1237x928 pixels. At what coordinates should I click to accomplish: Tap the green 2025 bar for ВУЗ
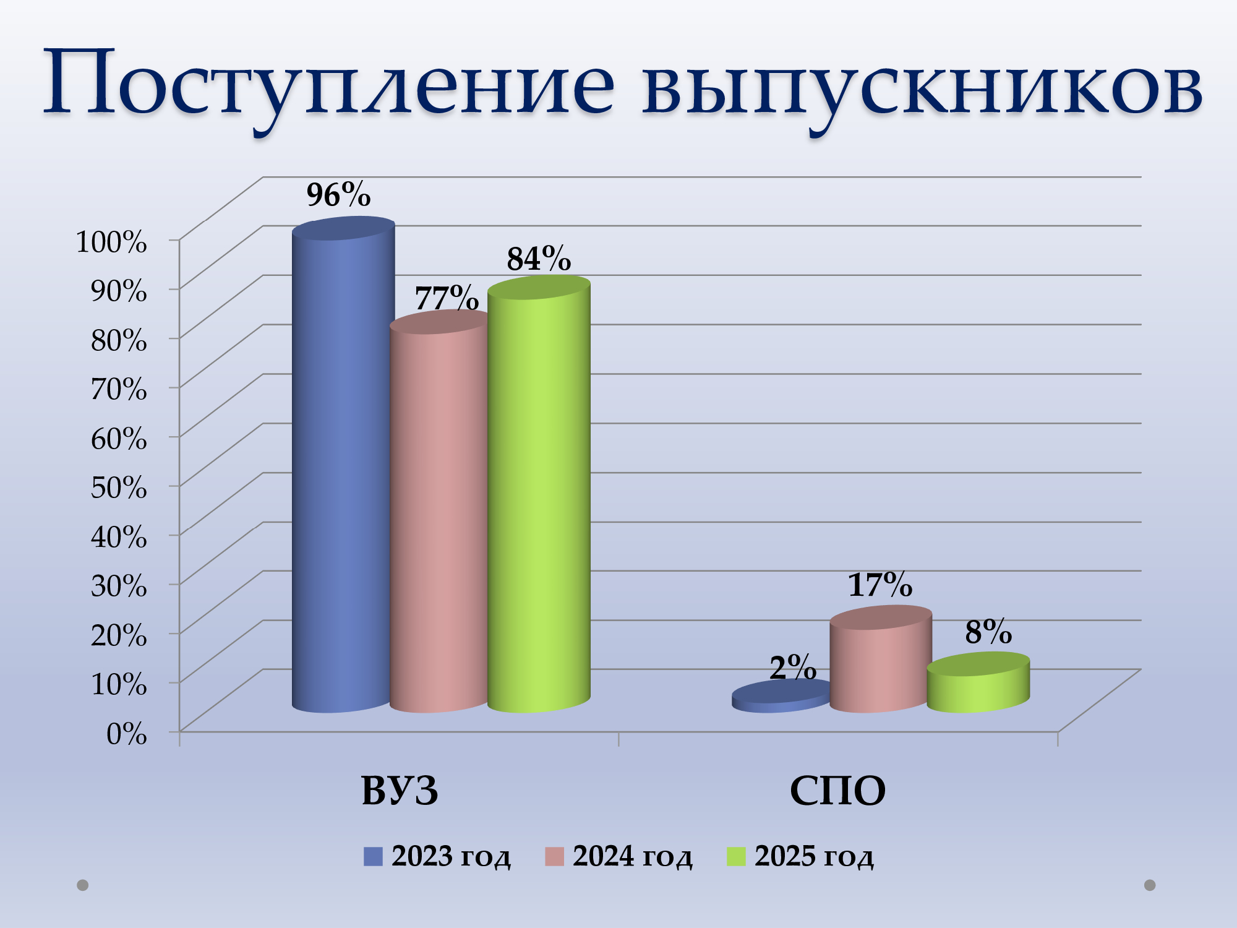[539, 495]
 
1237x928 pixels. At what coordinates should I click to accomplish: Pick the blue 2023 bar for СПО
[781, 696]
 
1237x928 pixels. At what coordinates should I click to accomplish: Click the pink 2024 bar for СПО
[881, 659]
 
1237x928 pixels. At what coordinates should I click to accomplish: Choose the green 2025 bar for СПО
[978, 683]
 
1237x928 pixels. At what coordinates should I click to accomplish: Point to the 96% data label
[338, 195]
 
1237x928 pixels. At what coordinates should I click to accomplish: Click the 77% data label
[447, 298]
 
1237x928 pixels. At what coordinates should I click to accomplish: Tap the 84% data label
[539, 259]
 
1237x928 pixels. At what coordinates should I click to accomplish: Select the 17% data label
[880, 585]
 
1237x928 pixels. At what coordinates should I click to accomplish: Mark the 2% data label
[793, 668]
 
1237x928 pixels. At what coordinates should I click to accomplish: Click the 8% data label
[988, 632]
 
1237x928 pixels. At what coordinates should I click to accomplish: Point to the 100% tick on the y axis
[111, 241]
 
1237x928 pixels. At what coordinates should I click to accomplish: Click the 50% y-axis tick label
[119, 487]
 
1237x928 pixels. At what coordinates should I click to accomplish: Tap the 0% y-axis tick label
[127, 734]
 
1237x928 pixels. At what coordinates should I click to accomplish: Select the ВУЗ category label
[400, 791]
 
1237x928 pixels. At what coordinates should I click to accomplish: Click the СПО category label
[837, 791]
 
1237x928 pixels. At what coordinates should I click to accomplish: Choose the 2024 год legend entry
[618, 857]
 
